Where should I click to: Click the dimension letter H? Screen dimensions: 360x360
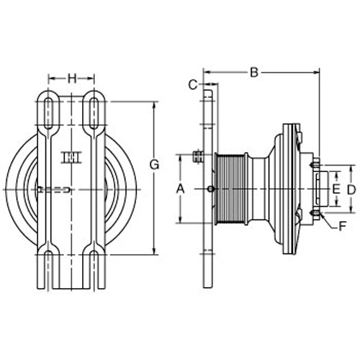(x=72, y=78)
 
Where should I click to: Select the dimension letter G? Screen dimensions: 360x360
(x=154, y=165)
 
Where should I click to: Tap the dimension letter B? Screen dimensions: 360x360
(x=254, y=72)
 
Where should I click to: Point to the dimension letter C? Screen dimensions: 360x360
(x=193, y=85)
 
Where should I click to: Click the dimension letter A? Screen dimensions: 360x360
(x=180, y=189)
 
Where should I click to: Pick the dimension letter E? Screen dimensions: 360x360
(x=336, y=189)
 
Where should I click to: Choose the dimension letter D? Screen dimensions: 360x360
(x=351, y=190)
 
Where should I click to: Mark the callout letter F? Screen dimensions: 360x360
(x=342, y=226)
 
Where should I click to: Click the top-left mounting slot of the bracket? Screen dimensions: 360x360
(x=49, y=113)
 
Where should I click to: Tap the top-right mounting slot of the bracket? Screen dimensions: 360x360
(x=94, y=113)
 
